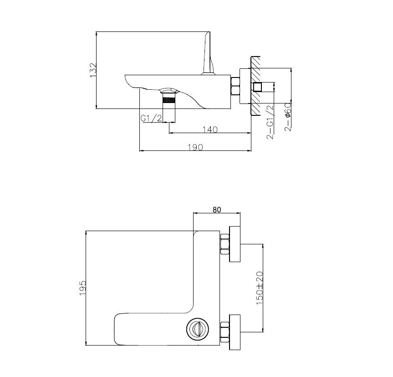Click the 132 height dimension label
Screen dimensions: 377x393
click(x=92, y=70)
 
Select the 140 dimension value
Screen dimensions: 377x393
click(x=209, y=129)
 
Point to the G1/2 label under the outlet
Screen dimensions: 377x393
click(x=151, y=118)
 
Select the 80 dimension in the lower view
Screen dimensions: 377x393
click(x=217, y=210)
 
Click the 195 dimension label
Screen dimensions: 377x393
click(x=82, y=288)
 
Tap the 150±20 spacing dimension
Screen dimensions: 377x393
click(x=260, y=288)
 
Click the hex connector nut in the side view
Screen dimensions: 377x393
click(x=235, y=86)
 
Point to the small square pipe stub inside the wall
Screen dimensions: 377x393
click(x=258, y=87)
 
